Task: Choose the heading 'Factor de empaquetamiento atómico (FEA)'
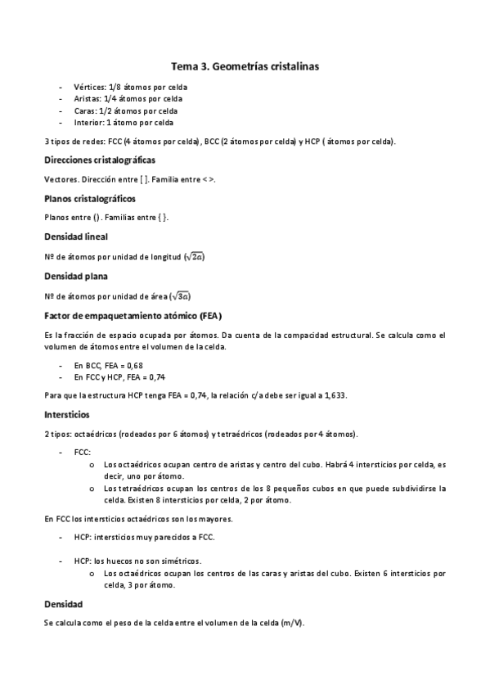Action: tap(134, 315)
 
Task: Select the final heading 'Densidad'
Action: tap(63, 604)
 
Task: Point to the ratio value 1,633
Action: tap(335, 394)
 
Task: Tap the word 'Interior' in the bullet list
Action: tap(89, 123)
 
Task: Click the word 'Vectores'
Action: tap(61, 178)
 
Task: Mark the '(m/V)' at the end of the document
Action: tap(291, 623)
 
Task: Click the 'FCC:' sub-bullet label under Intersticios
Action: tap(83, 451)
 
